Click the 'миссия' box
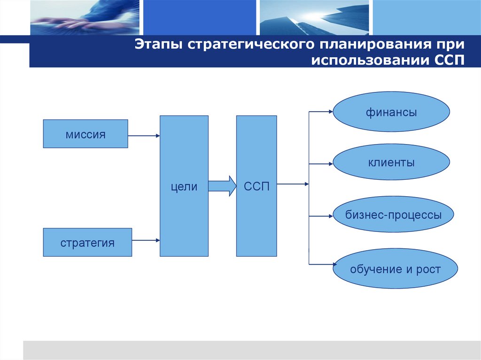(85, 134)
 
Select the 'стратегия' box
(87, 242)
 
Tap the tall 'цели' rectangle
(184, 186)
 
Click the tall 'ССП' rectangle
(256, 186)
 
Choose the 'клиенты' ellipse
(391, 163)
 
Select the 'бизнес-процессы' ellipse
(394, 215)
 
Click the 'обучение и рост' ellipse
(395, 269)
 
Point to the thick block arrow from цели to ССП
(222, 186)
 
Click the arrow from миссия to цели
(144, 136)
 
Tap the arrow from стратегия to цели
(146, 240)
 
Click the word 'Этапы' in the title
(159, 46)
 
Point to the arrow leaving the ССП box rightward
(293, 184)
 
